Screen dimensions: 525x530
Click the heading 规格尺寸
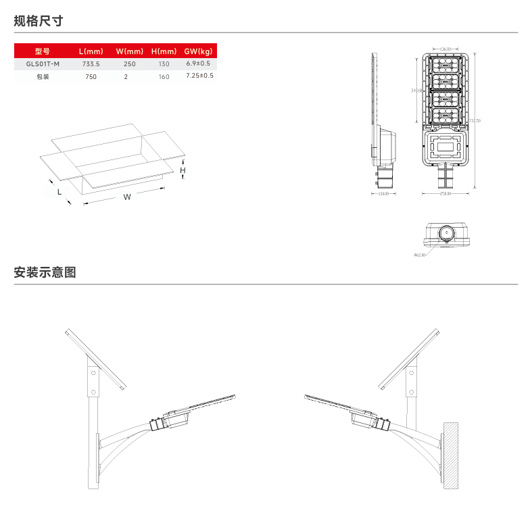point(39,21)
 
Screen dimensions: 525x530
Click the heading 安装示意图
point(45,273)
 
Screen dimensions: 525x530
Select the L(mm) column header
point(91,51)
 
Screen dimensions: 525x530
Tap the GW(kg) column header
point(198,51)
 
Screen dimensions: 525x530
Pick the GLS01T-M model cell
point(43,64)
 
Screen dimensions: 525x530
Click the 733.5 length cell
point(91,64)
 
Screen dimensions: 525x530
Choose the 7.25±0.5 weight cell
point(199,76)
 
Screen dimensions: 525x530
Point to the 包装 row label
point(43,76)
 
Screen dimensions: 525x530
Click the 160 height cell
point(164,76)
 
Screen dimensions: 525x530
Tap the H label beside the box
point(183,171)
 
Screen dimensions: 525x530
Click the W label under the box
point(127,197)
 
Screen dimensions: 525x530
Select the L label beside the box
point(59,192)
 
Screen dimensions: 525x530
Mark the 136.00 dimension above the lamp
point(445,49)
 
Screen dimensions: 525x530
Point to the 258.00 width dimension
point(445,194)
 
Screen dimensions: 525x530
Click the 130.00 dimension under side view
point(384,194)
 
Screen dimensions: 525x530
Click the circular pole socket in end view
point(446,234)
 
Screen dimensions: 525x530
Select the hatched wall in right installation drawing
point(451,456)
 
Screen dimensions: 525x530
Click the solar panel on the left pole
point(97,359)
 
